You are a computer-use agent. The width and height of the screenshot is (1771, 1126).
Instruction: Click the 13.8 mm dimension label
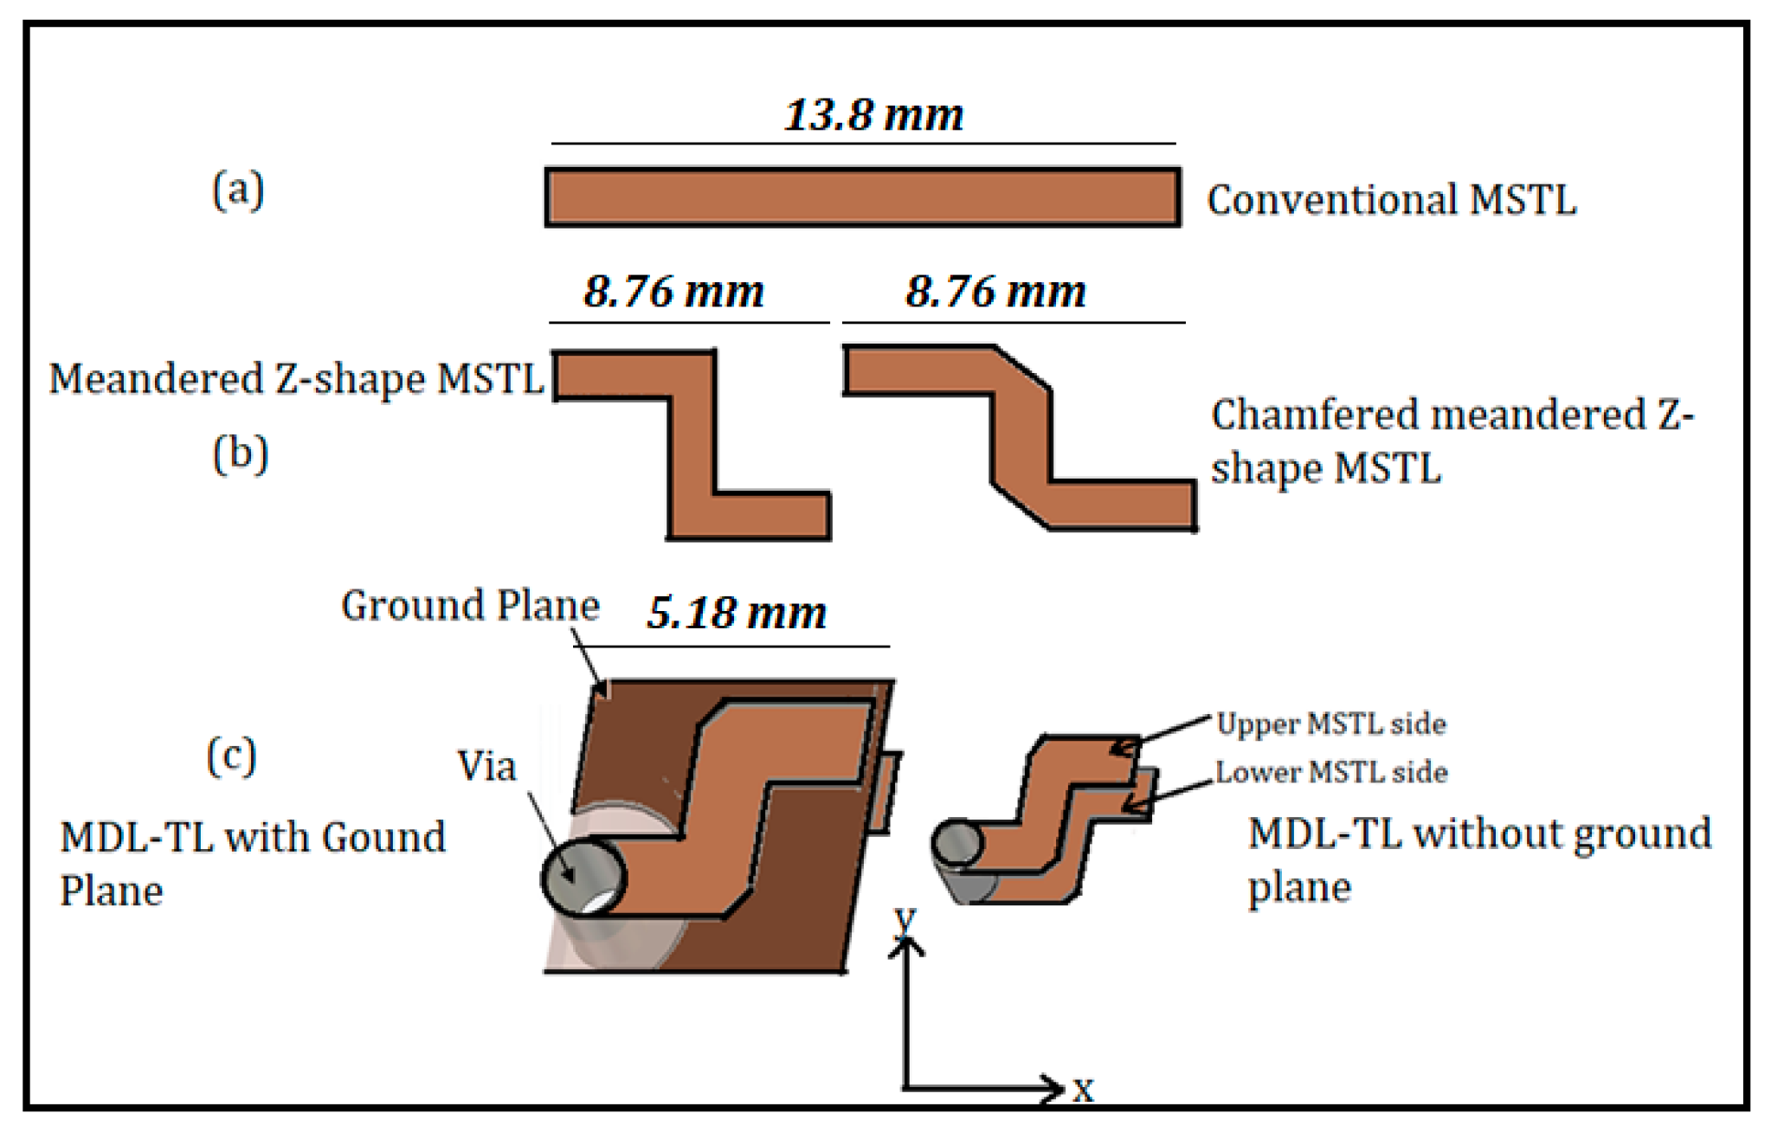coord(873,115)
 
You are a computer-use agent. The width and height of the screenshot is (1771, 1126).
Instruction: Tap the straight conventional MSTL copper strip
coord(862,197)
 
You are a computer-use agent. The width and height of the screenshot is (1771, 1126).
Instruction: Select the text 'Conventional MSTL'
coord(1391,200)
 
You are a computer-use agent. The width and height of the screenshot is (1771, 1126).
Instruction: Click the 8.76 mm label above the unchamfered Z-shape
coord(673,292)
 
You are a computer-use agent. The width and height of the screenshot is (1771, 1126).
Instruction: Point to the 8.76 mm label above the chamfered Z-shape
coord(995,292)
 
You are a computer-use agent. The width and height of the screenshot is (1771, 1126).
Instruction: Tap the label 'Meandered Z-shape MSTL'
coord(296,379)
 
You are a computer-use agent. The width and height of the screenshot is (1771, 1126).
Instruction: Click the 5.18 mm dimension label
coord(737,613)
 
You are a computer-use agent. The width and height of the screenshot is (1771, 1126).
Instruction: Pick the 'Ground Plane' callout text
coord(470,605)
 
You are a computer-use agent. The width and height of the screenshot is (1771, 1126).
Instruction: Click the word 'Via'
coord(486,766)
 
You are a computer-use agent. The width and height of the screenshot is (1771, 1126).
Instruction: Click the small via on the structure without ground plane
coord(957,842)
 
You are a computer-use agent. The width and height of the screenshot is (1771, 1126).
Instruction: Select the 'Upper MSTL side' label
coord(1330,724)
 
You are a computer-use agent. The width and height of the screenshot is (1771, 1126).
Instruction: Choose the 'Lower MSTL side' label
coord(1330,772)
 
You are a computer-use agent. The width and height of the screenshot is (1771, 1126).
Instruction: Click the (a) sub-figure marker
coord(238,190)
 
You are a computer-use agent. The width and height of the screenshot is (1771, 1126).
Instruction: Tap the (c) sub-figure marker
coord(231,756)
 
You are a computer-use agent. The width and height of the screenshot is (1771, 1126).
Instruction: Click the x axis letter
coord(1083,1090)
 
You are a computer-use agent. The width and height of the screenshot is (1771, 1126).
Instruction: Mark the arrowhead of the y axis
coord(905,946)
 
